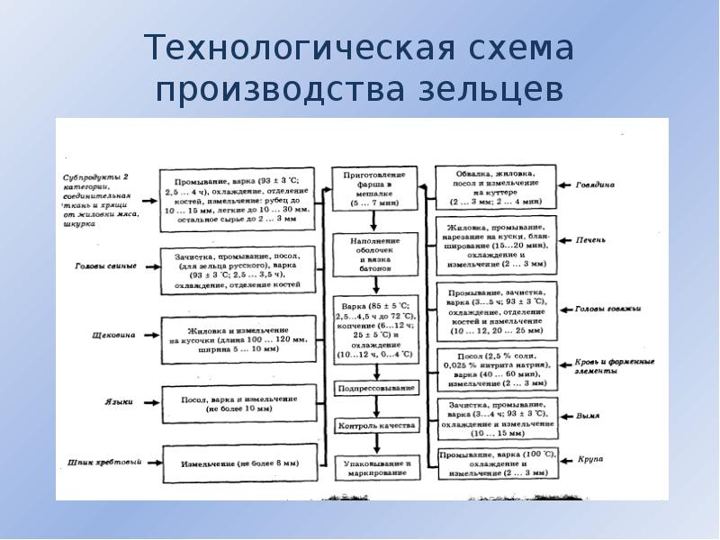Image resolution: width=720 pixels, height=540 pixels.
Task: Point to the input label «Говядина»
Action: click(x=595, y=184)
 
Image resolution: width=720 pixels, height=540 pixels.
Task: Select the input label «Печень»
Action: click(x=590, y=240)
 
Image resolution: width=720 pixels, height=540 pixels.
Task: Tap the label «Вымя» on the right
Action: click(x=589, y=416)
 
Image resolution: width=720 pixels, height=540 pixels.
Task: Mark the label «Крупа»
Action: click(x=590, y=459)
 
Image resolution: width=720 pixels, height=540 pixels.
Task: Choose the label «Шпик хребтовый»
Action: click(x=103, y=463)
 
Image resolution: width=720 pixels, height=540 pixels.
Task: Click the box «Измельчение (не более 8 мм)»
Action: click(x=238, y=463)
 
